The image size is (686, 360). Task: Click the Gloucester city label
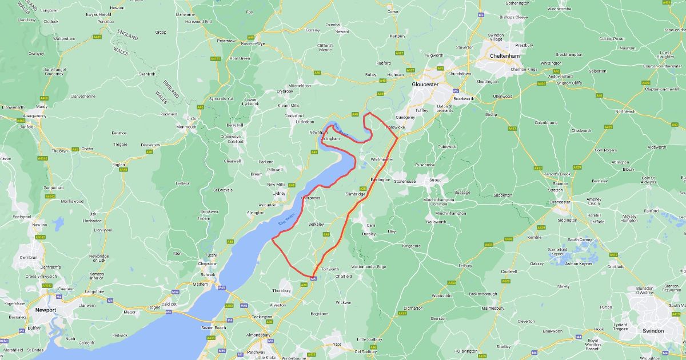[425, 84]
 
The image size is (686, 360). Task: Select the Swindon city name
[653, 330]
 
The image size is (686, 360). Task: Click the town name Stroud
[436, 180]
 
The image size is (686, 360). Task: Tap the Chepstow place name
[206, 263]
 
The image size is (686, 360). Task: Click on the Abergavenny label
[34, 115]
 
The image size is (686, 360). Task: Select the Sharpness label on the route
[311, 198]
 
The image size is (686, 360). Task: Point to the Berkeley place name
[316, 224]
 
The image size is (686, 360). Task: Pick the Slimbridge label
[355, 194]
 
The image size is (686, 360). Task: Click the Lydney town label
[278, 193]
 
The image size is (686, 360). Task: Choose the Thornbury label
[281, 290]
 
